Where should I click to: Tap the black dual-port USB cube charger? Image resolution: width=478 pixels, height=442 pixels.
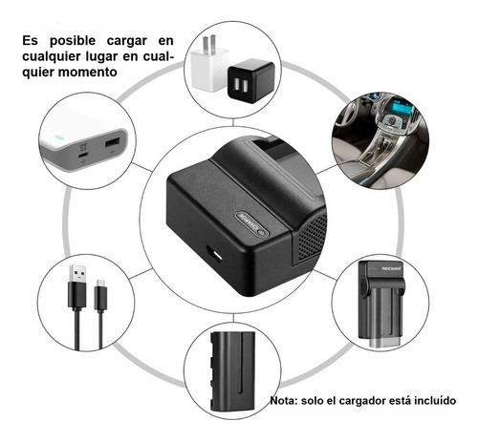pos(250,83)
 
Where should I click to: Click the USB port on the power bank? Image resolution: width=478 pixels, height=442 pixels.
pos(111,143)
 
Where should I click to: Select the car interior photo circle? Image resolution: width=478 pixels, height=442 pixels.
pos(380,139)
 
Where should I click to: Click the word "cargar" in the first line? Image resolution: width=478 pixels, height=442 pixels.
pos(128,41)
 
